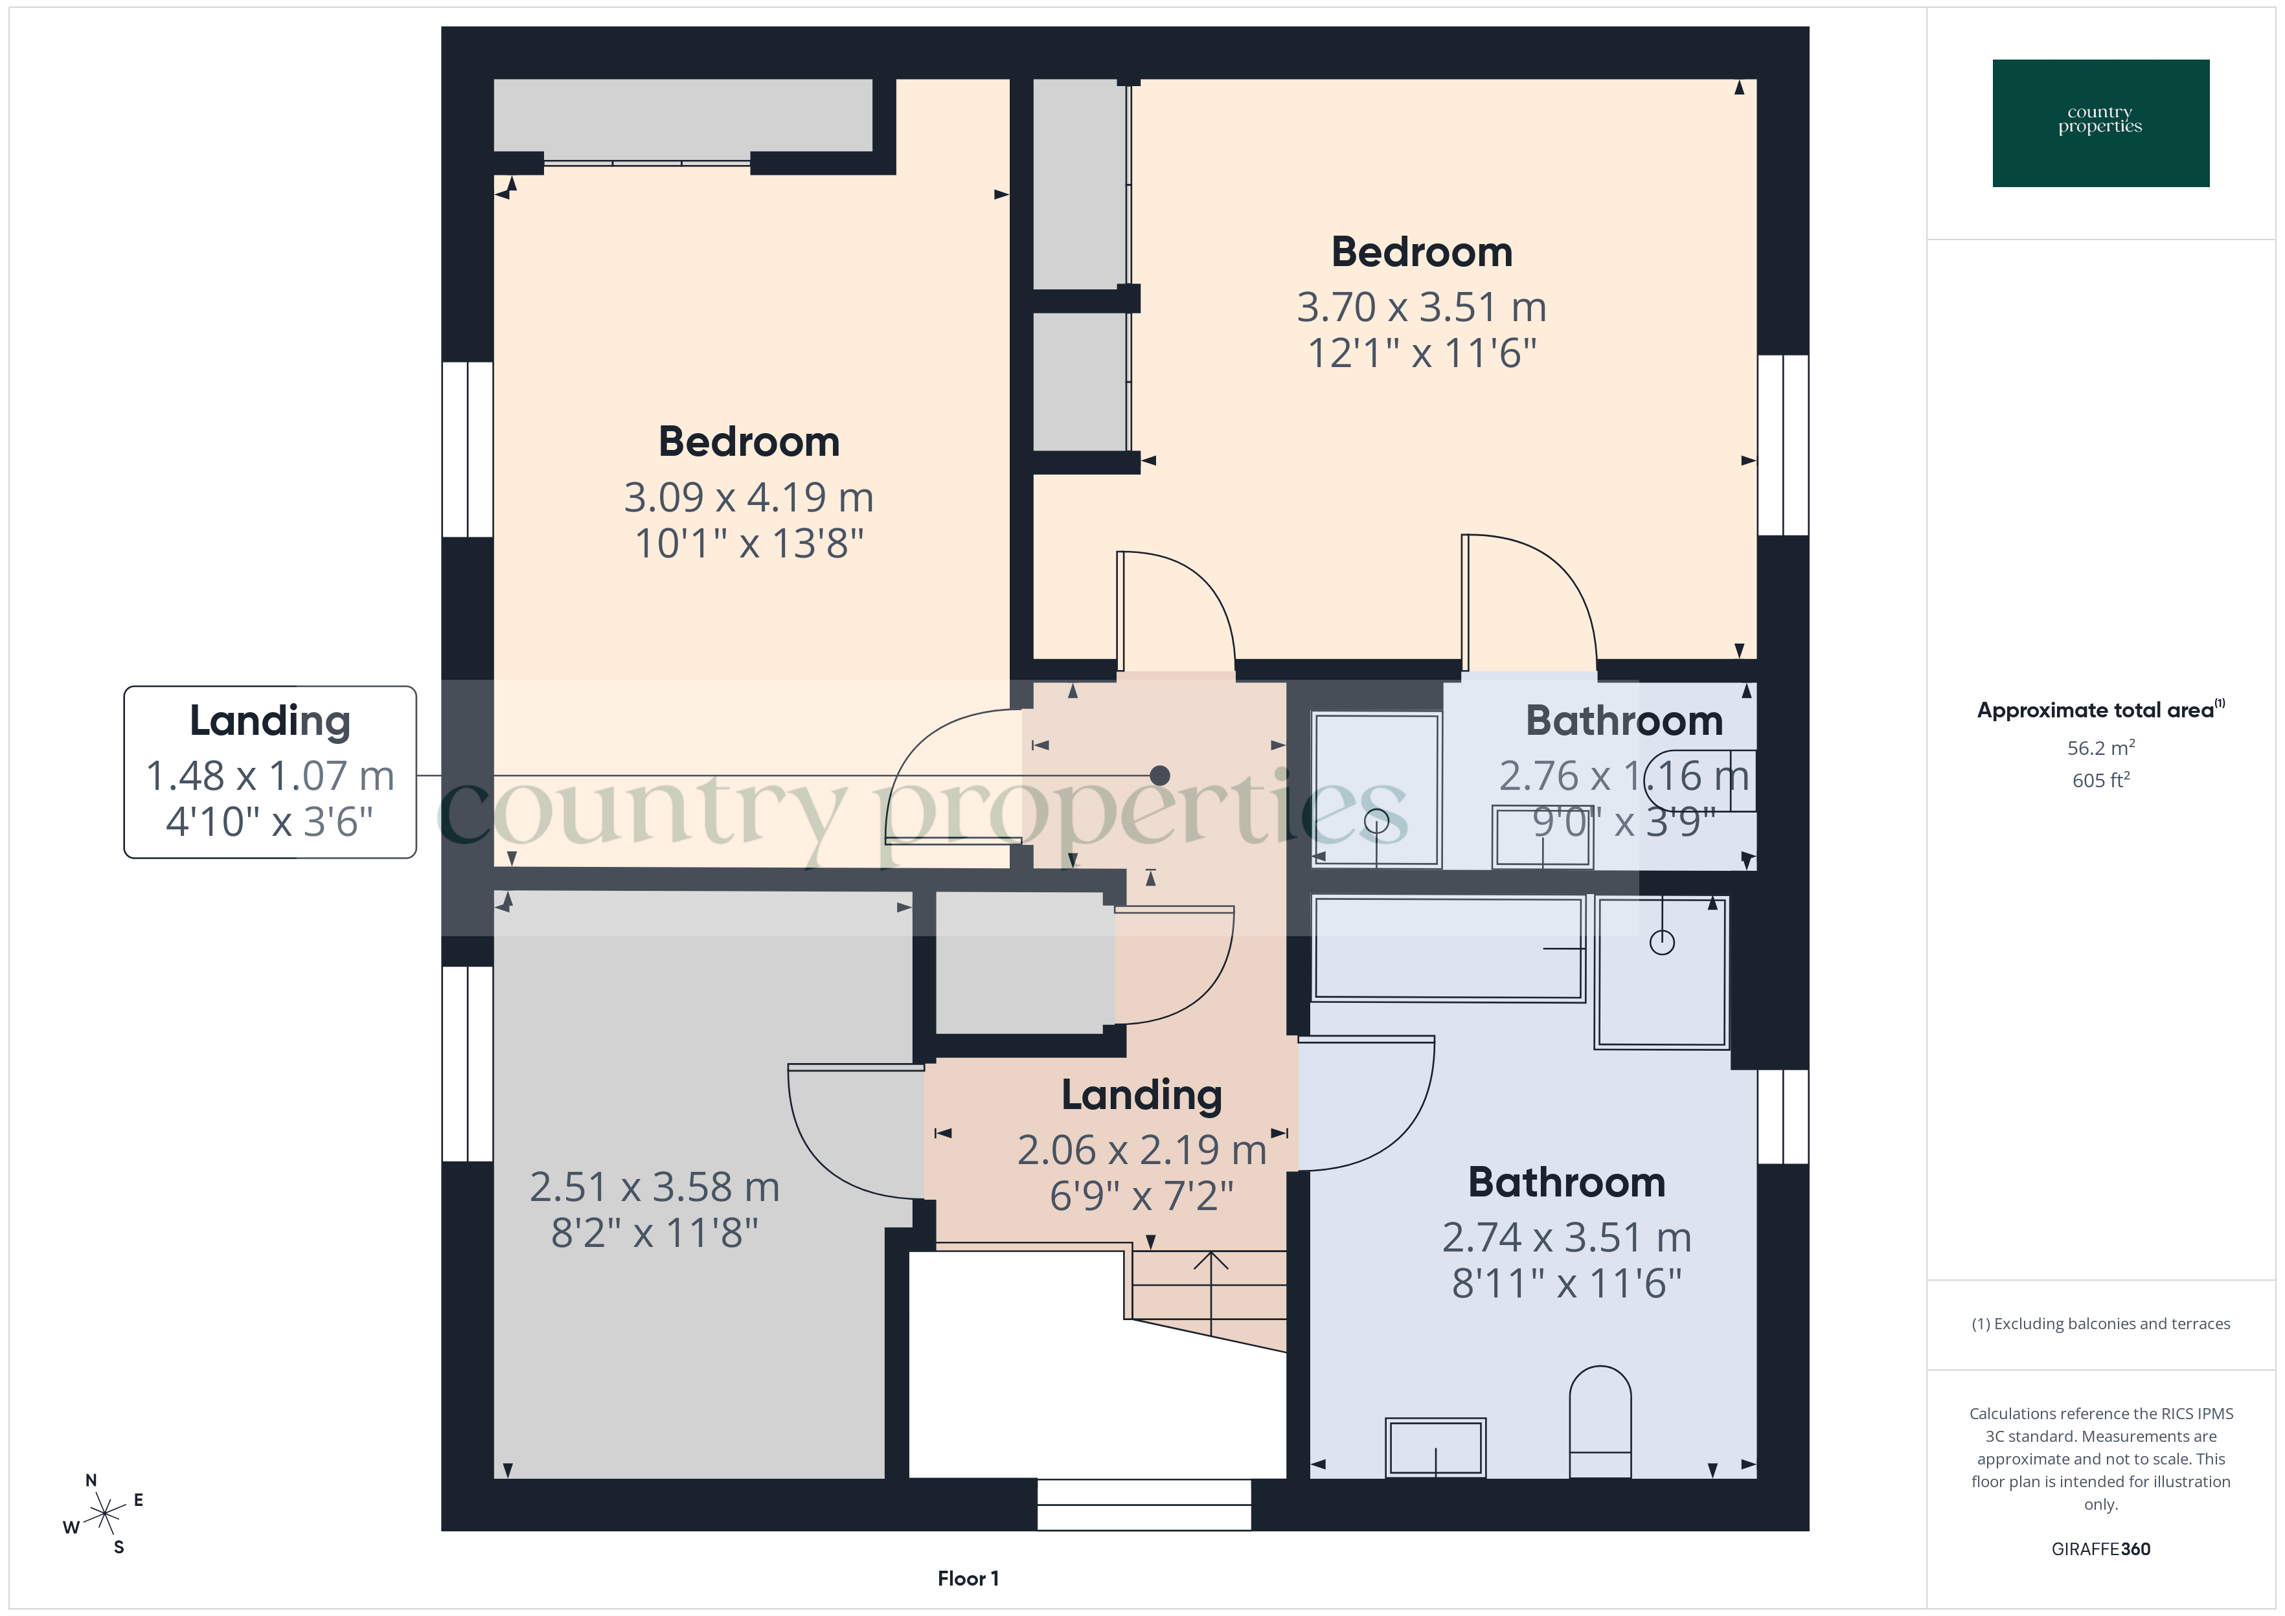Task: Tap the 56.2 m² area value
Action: pos(2100,747)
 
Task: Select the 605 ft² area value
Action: pos(2100,780)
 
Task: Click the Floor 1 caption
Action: pos(968,1578)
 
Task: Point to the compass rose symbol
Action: pos(104,1514)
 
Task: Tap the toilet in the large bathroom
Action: pos(1599,1423)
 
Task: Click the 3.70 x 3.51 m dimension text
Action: pos(1421,308)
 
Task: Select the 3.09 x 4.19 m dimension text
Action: pos(749,497)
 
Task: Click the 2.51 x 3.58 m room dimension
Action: pos(654,1187)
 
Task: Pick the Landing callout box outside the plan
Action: pos(269,772)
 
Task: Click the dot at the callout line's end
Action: pos(1159,775)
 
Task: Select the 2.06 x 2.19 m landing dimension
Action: pos(1141,1150)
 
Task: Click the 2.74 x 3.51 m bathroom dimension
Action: pos(1567,1238)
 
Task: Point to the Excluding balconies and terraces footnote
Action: pos(2100,1323)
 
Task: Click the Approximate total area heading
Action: pos(2098,710)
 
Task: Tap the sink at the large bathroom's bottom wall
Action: pos(1435,1448)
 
